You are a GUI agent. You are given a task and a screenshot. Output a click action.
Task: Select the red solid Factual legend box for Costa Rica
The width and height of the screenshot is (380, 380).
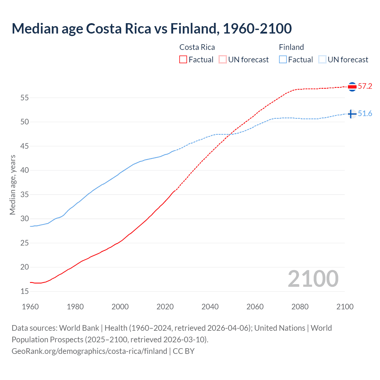(183, 60)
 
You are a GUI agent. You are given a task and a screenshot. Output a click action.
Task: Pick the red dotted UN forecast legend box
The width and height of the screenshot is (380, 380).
(223, 60)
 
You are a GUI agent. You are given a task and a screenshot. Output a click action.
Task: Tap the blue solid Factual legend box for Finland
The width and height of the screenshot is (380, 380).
(283, 60)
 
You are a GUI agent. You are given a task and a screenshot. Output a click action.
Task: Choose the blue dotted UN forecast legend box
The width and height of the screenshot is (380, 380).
(322, 60)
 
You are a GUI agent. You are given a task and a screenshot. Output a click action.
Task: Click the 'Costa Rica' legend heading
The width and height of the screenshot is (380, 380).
(197, 47)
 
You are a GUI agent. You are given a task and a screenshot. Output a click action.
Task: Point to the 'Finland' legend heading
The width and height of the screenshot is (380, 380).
(291, 47)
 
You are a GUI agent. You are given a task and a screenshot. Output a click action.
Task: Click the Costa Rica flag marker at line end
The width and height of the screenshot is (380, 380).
(352, 87)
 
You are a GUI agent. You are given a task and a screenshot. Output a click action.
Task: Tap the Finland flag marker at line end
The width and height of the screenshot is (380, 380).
(352, 114)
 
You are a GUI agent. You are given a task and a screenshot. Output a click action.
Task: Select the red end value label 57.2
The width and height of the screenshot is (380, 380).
(365, 86)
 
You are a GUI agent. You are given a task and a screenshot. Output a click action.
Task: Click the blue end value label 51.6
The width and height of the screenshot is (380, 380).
(365, 114)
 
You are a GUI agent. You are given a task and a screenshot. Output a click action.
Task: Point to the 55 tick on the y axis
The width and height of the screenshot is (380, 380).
(25, 98)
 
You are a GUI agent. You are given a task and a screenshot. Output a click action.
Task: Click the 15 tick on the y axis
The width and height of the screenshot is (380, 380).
(25, 292)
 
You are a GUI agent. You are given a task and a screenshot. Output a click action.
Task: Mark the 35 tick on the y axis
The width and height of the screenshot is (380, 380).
(25, 195)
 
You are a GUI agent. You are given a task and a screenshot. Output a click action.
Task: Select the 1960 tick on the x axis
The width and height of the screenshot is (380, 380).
(30, 307)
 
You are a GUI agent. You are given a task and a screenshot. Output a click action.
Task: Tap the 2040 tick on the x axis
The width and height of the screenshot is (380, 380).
(210, 307)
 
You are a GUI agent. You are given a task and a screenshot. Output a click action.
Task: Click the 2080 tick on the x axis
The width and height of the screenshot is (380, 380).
(300, 307)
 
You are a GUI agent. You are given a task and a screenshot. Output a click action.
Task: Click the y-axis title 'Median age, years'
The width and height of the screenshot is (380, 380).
(12, 185)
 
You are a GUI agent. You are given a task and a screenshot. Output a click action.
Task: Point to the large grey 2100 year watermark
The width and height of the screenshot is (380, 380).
(313, 278)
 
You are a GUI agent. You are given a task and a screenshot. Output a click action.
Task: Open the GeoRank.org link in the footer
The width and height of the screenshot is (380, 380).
(89, 351)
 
